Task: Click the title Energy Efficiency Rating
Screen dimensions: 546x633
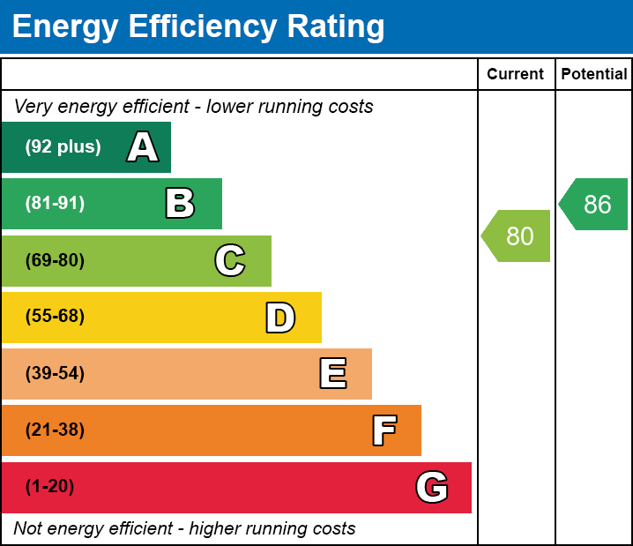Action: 198,27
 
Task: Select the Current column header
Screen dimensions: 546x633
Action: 516,75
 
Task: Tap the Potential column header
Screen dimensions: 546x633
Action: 594,75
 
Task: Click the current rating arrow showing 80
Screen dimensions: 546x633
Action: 518,236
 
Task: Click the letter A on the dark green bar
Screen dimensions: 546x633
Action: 143,147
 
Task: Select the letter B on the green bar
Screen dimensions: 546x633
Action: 180,204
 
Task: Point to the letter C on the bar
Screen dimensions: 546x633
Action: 230,261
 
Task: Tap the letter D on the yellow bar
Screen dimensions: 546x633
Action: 280,318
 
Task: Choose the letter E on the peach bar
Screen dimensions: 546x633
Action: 332,374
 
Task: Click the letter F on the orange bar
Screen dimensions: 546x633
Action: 384,430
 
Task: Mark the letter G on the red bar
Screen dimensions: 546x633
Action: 432,487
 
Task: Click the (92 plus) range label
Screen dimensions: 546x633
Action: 63,147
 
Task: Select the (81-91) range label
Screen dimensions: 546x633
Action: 55,204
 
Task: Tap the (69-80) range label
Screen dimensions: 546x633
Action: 55,261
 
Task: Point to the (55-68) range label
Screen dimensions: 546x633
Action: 55,318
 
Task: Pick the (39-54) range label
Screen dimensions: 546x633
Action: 55,374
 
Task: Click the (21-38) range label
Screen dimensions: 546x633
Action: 55,430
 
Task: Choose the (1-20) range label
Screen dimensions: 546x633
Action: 50,487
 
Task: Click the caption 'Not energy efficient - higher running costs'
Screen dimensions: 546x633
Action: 185,529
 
